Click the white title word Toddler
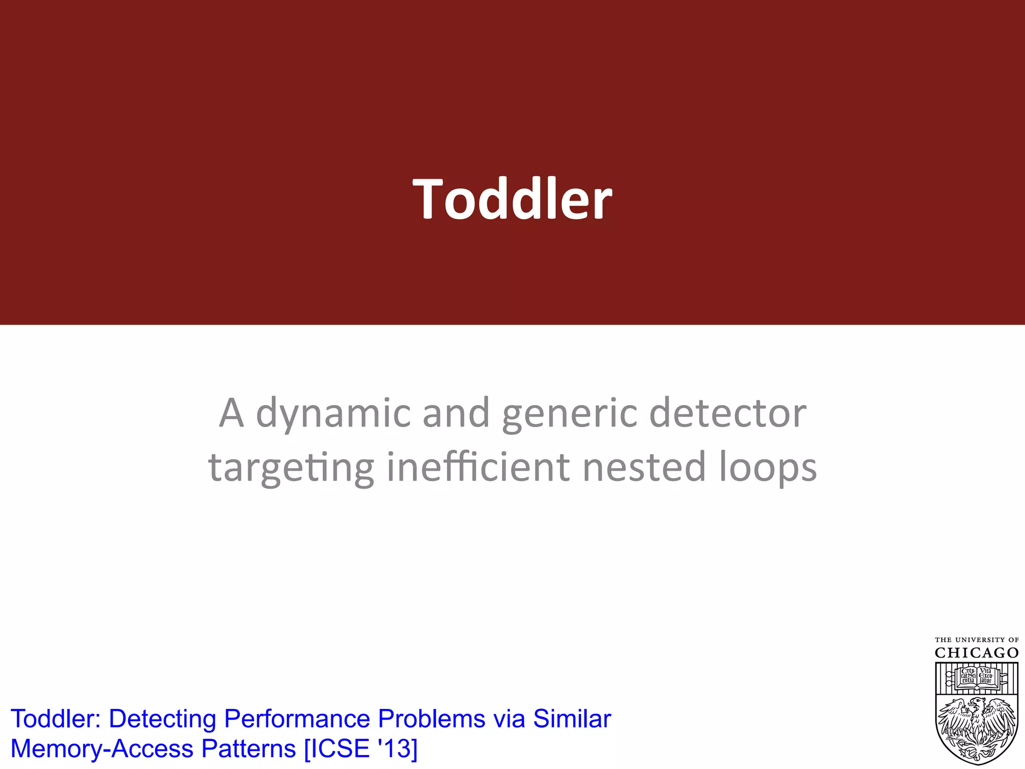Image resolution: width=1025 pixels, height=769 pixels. pos(512,199)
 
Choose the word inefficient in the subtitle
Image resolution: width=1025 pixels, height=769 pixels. pos(478,467)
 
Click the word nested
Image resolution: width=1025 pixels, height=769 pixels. pos(644,467)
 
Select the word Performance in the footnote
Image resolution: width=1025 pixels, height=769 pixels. pos(297,719)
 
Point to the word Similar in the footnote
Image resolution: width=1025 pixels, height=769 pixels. pos(572,719)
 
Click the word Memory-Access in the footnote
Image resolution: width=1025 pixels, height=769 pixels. pos(102,749)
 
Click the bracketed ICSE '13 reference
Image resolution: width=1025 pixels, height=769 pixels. pos(361,749)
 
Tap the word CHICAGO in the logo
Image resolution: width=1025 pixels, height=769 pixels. pos(976,653)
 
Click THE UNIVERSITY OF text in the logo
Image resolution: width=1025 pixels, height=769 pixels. pos(976,640)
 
